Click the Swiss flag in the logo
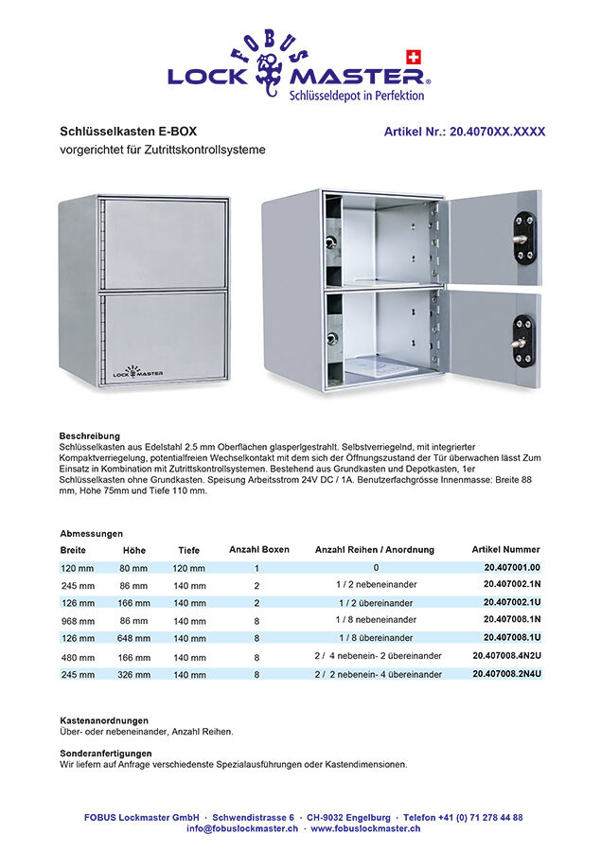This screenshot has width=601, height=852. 413,57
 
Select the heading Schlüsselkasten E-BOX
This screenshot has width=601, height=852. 129,132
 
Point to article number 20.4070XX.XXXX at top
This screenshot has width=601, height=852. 465,132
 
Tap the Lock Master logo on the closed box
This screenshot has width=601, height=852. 138,372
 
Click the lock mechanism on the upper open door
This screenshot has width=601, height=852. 523,238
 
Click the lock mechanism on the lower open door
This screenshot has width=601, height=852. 523,340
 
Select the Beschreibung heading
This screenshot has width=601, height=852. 89,435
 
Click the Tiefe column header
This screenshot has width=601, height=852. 189,550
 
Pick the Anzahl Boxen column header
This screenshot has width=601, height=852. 259,549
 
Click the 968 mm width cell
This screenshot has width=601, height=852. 78,621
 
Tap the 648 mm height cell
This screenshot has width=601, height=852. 134,639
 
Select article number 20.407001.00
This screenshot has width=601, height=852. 511,567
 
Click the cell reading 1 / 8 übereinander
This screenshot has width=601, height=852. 375,638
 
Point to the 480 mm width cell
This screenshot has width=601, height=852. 78,657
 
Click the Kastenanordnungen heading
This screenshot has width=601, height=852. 104,720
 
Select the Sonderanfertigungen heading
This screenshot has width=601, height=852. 106,754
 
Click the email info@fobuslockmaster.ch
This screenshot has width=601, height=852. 242,828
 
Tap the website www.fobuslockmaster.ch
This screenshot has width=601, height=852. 365,828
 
